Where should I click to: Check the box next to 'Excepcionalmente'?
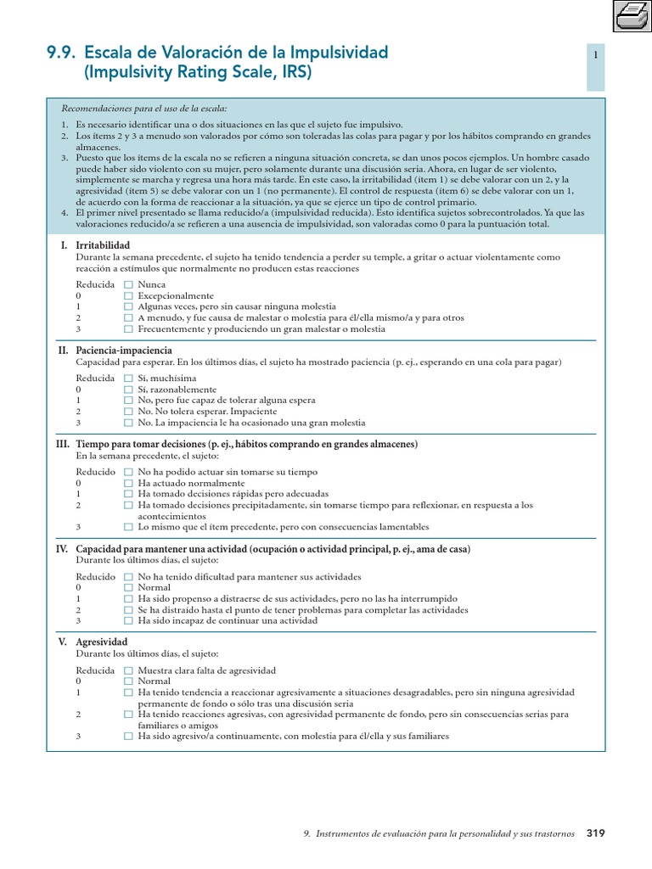coord(128,295)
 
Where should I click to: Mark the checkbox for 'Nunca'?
coord(128,284)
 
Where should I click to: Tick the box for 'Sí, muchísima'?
coord(128,378)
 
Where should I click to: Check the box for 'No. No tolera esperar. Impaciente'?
coord(128,412)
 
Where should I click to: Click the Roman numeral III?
coord(62,444)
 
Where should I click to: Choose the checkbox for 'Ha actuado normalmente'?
coord(128,483)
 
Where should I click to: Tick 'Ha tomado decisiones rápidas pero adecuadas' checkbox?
coord(128,494)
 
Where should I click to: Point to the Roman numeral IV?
coord(62,549)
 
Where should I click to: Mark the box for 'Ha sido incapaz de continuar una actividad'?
coord(128,620)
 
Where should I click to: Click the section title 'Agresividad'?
coord(102,642)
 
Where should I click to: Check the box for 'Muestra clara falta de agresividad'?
coord(128,670)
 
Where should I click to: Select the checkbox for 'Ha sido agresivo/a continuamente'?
coord(128,736)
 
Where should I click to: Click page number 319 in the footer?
coord(595,833)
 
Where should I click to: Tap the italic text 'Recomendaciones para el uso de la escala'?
coord(144,109)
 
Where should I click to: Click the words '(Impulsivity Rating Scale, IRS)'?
coord(198,73)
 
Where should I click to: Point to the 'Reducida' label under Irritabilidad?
coord(94,284)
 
